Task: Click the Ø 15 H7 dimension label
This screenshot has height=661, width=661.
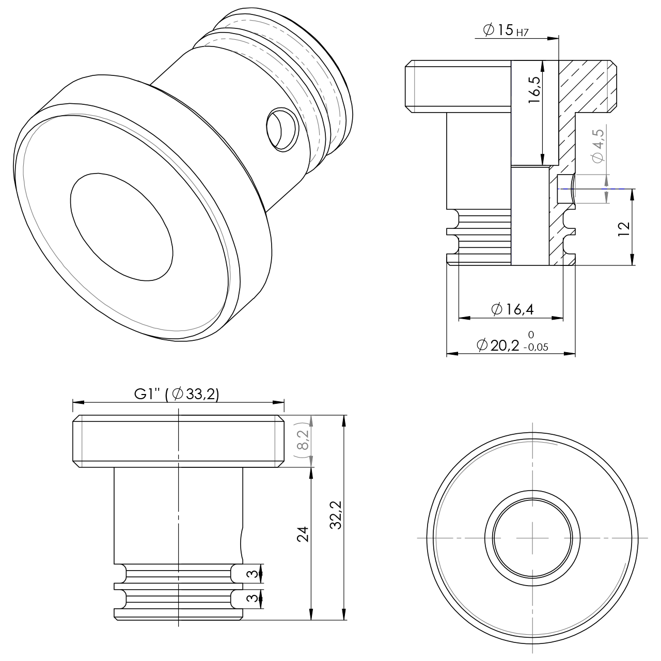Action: (x=506, y=30)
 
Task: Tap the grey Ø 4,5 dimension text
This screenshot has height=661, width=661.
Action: (x=599, y=146)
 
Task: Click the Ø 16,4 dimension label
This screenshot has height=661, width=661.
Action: (x=512, y=309)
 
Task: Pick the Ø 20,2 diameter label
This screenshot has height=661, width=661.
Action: (x=498, y=345)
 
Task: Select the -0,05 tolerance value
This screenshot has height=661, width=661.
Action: (x=536, y=348)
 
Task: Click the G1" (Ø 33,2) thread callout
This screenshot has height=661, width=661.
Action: (x=177, y=394)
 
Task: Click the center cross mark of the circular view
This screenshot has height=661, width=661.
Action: (x=532, y=538)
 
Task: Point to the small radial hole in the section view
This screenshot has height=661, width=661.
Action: (x=566, y=188)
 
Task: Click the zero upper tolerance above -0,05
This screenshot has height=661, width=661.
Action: (x=531, y=334)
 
